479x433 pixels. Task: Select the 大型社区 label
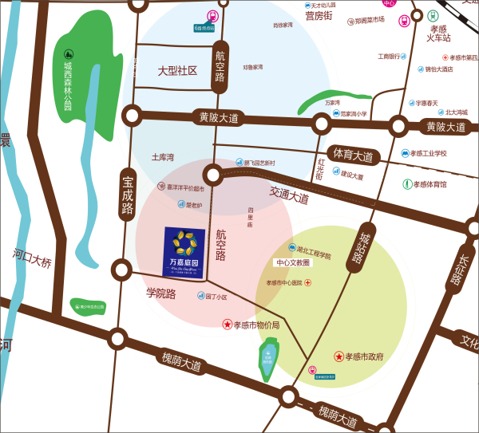[177, 71]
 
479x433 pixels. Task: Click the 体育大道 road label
[353, 155]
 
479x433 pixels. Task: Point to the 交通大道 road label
[289, 196]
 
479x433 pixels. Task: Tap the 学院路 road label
[160, 293]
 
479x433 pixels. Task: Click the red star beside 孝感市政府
[339, 356]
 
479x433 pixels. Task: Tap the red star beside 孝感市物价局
[228, 325]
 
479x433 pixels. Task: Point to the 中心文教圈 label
[292, 262]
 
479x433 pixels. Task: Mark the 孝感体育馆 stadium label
[430, 184]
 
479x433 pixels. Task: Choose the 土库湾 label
[163, 158]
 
